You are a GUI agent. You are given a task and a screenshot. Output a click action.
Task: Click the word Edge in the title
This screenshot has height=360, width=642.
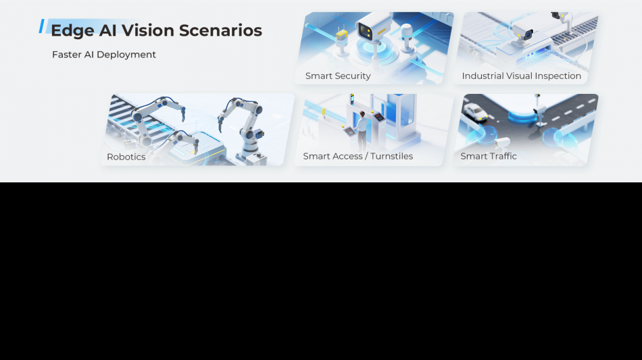click(72, 31)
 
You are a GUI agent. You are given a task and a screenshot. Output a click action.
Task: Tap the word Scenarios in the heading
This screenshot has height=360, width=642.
click(220, 30)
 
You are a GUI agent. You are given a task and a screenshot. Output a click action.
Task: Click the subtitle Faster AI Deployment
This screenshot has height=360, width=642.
click(104, 55)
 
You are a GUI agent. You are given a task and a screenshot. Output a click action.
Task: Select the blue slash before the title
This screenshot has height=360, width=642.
click(41, 26)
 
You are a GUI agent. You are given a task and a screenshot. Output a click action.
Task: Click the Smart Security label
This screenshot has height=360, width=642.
click(338, 76)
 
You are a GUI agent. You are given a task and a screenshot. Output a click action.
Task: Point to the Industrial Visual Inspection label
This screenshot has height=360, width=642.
click(521, 76)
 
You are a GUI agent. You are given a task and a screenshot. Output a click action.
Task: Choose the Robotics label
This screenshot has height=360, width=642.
click(126, 157)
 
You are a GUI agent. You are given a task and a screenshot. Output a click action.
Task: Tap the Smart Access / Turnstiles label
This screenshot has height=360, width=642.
click(358, 156)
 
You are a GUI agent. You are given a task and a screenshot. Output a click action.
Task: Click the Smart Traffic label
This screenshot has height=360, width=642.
click(489, 156)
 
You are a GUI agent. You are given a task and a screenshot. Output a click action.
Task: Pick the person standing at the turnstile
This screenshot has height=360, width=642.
click(361, 130)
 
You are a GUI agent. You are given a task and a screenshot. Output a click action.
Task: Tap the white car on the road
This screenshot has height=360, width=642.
click(474, 111)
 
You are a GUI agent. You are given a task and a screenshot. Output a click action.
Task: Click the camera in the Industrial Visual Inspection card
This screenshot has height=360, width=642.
click(523, 33)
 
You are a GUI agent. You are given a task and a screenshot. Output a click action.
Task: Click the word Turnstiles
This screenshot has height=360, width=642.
click(391, 156)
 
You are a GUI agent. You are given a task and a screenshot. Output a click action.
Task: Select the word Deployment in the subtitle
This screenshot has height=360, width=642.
click(126, 55)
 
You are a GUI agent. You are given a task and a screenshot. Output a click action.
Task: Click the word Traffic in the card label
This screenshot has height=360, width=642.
click(502, 156)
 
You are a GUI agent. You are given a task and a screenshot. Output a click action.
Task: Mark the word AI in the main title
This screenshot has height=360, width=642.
click(107, 30)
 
